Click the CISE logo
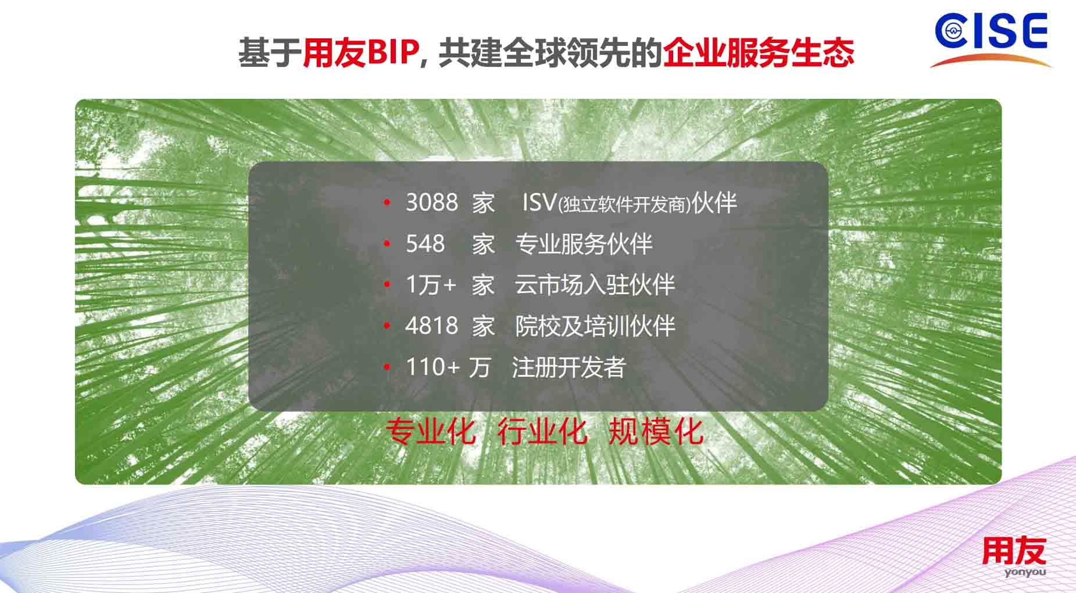[x=991, y=38]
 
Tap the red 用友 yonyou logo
[x=1014, y=557]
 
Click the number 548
[x=425, y=244]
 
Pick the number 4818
[x=431, y=326]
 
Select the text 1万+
[x=431, y=285]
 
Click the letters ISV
[x=539, y=202]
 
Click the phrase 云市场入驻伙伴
[x=595, y=285]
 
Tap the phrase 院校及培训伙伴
[x=595, y=326]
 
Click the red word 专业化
[x=430, y=431]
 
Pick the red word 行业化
[x=542, y=431]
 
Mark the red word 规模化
[x=655, y=431]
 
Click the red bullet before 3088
[x=387, y=203]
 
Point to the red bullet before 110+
[x=387, y=367]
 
